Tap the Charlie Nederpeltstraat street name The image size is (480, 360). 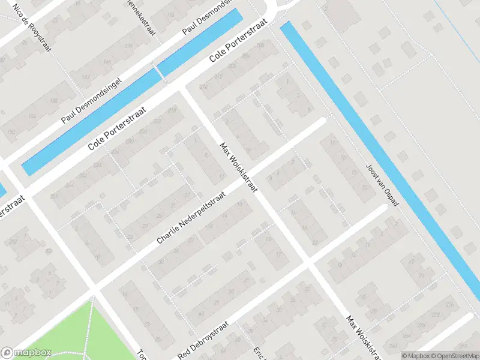point(191,218)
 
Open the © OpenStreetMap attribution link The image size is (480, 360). point(453,356)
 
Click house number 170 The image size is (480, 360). point(127,46)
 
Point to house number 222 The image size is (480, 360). point(157,121)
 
